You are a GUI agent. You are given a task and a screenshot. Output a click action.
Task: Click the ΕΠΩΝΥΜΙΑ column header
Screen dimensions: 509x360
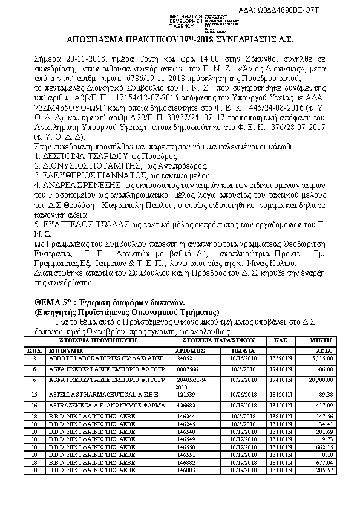pyautogui.click(x=66, y=350)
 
